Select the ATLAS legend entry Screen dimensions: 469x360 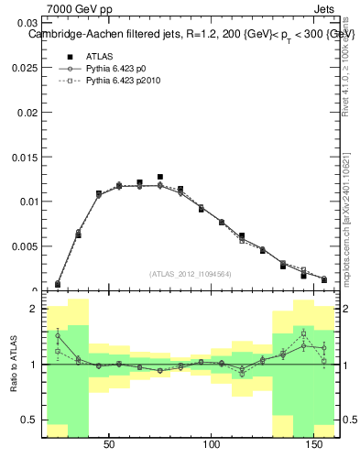point(99,56)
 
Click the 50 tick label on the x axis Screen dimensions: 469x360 point(109,445)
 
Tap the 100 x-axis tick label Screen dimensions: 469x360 point(213,445)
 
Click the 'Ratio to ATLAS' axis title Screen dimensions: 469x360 point(12,364)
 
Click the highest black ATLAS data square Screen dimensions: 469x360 point(160,177)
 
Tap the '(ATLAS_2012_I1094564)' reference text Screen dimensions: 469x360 point(190,274)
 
